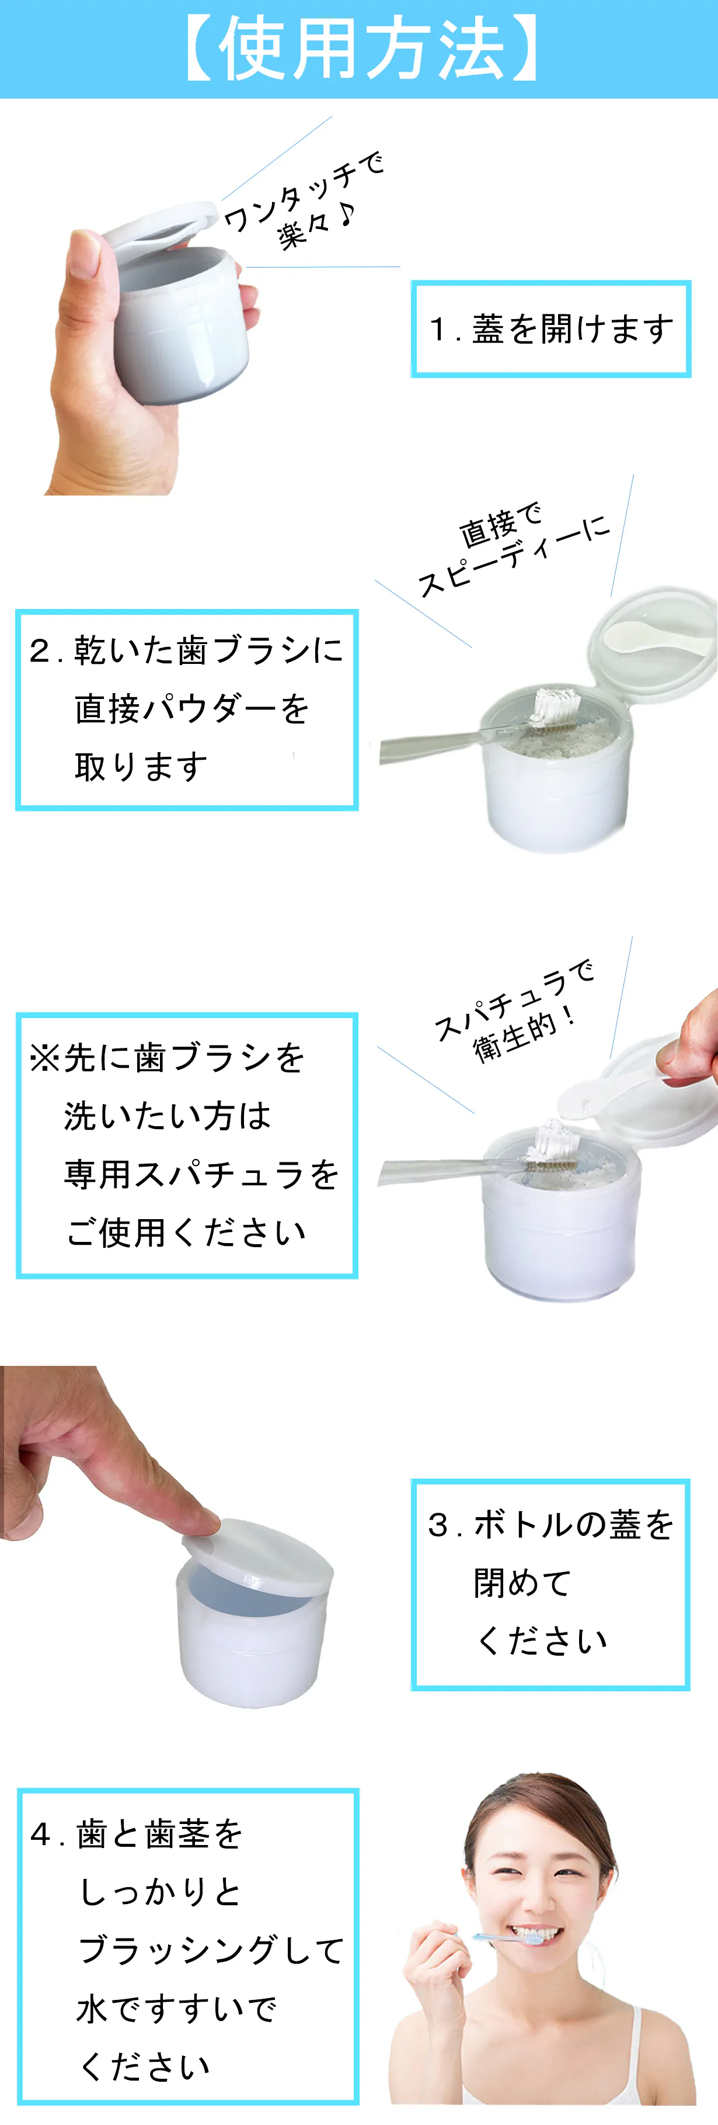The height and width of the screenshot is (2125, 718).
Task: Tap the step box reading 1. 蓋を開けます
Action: (550, 329)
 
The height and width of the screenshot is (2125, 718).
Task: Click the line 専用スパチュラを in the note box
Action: (201, 1174)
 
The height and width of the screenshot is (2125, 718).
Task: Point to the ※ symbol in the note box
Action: (44, 1058)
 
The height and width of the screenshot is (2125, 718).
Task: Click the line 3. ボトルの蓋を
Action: (550, 1524)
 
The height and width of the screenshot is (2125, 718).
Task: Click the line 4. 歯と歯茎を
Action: (137, 1834)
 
